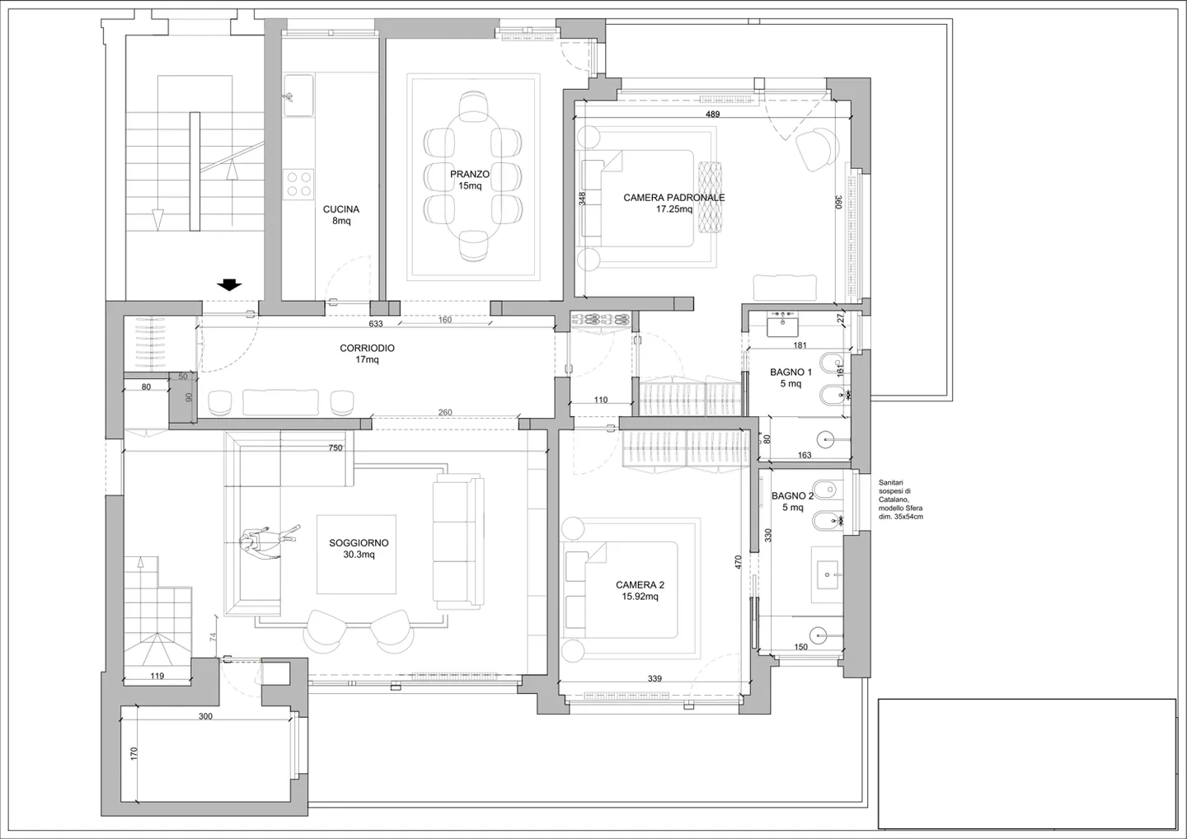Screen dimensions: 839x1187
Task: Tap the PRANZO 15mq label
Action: click(x=470, y=180)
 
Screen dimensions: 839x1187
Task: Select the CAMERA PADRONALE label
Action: click(x=673, y=203)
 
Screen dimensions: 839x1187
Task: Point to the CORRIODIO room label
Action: click(x=367, y=354)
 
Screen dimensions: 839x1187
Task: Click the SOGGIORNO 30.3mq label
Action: click(x=359, y=548)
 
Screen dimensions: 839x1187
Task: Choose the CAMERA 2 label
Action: click(x=640, y=590)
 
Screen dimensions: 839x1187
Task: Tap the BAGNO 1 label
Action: click(x=791, y=377)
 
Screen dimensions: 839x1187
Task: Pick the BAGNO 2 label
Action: click(x=792, y=501)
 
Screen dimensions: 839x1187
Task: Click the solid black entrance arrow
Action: click(x=229, y=285)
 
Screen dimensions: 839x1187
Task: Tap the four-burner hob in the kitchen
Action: click(x=298, y=184)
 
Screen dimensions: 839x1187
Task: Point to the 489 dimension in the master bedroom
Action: click(x=712, y=114)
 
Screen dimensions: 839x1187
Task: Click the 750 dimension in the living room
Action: click(x=335, y=448)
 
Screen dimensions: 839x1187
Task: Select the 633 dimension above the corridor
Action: click(x=376, y=324)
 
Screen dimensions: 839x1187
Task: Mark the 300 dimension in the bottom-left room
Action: click(x=205, y=716)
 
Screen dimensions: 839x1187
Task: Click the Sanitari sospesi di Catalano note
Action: click(x=900, y=499)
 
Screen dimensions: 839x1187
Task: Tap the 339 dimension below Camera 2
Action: click(x=654, y=679)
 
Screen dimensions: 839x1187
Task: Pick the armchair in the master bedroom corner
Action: click(x=817, y=149)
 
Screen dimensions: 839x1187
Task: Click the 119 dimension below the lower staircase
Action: click(x=157, y=676)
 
